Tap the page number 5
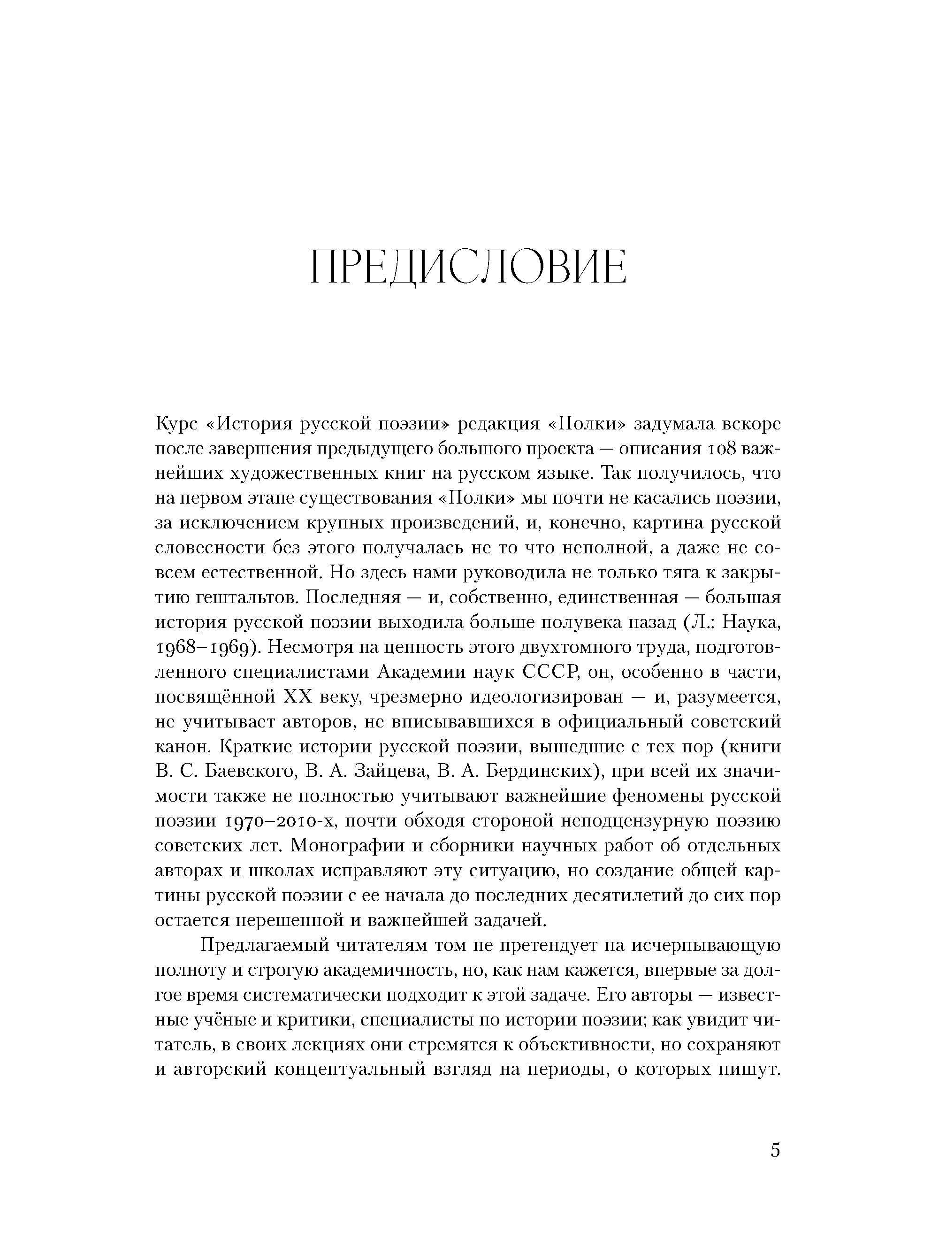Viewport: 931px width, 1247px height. point(775,1149)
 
